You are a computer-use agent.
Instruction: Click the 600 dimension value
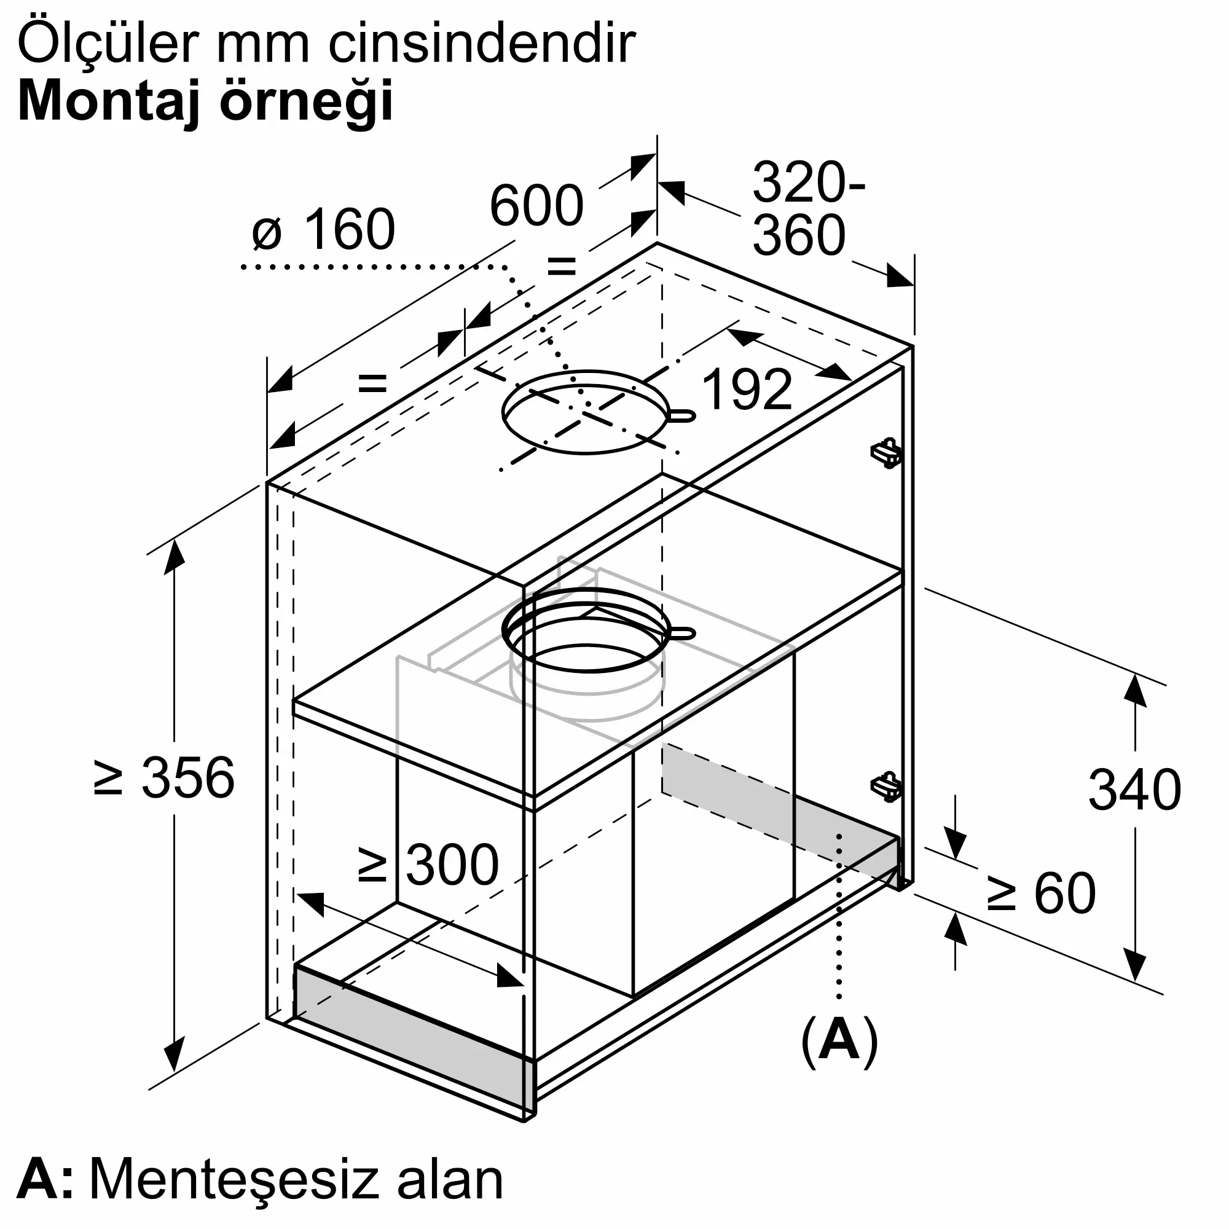pos(536,205)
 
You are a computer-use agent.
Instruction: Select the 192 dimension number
pos(747,390)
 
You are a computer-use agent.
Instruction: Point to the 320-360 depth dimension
pos(808,209)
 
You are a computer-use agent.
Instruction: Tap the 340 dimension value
pos(1135,790)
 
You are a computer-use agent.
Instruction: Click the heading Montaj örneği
pos(206,102)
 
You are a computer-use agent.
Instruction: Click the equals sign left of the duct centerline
pos(372,383)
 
